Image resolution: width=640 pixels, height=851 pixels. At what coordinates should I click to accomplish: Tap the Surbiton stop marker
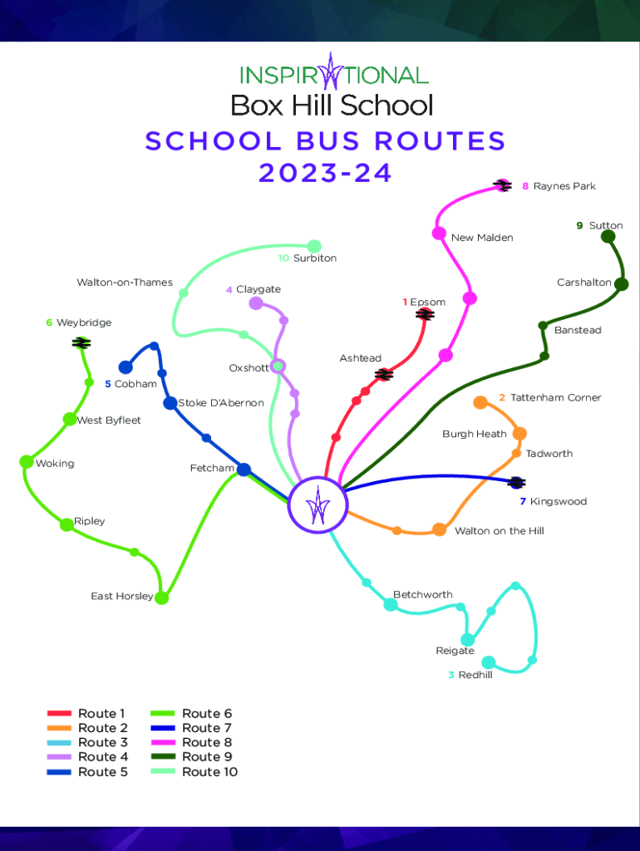click(x=314, y=246)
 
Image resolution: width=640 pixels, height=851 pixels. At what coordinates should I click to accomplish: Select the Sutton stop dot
click(x=608, y=237)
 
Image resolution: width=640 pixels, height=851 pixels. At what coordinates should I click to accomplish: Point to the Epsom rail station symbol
click(x=425, y=314)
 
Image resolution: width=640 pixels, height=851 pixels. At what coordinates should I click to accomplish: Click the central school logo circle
click(x=317, y=504)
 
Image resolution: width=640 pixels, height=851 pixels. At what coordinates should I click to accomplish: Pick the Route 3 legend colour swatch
click(x=60, y=743)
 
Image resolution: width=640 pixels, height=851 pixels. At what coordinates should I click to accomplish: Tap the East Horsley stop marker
click(x=162, y=598)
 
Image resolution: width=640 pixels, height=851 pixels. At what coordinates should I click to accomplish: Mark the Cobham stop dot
click(x=126, y=367)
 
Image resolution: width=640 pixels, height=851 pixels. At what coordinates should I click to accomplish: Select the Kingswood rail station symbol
click(x=516, y=482)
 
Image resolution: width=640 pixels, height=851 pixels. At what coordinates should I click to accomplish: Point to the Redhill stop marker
click(x=489, y=662)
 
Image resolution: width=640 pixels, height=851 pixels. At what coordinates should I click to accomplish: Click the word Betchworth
click(x=423, y=595)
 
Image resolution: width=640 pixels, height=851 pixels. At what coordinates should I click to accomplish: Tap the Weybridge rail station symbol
click(x=81, y=342)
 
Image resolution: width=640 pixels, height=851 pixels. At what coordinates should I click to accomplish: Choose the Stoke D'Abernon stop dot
click(x=170, y=403)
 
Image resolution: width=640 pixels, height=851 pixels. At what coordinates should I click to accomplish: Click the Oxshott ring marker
click(x=278, y=366)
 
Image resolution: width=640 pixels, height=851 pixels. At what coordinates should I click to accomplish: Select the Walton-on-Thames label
click(x=125, y=283)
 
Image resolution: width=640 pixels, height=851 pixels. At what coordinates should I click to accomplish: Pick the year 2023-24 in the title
click(x=325, y=173)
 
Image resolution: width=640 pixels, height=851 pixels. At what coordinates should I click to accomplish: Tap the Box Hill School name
click(x=332, y=106)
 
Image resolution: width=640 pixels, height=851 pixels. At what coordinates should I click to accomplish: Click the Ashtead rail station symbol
click(x=384, y=375)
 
